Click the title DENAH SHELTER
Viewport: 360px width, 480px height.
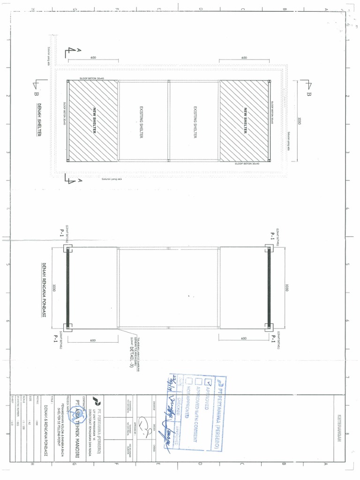click(39, 120)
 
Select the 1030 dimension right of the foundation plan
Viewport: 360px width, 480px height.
click(286, 288)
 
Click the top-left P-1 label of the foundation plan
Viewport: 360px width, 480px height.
click(61, 232)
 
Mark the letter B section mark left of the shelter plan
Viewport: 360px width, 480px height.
click(36, 93)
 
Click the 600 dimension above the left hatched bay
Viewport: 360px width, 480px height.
click(93, 57)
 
